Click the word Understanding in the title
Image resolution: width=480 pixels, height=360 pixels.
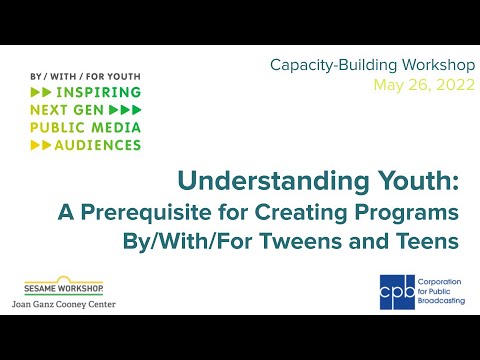pos(273,182)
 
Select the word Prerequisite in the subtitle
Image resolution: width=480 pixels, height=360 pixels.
pos(146,213)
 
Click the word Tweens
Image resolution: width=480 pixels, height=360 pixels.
pos(301,241)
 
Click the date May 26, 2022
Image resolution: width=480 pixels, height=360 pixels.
pos(424,85)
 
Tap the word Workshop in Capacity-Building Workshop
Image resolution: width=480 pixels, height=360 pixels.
pos(438,65)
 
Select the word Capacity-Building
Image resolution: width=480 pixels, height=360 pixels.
pos(333,65)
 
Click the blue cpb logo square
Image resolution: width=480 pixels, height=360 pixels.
pos(397,292)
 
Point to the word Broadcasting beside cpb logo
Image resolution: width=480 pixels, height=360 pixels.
pos(441,301)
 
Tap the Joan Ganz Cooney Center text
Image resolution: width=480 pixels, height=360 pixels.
pos(64,304)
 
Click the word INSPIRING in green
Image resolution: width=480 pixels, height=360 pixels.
pos(98,92)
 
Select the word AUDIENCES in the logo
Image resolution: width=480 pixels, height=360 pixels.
pos(98,145)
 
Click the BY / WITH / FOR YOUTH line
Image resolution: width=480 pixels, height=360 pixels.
pos(85,77)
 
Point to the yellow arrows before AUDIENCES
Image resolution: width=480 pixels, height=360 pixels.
pos(41,145)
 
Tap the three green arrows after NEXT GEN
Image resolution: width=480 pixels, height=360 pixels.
pos(125,110)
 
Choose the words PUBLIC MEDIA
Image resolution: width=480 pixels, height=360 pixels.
pos(85,128)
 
